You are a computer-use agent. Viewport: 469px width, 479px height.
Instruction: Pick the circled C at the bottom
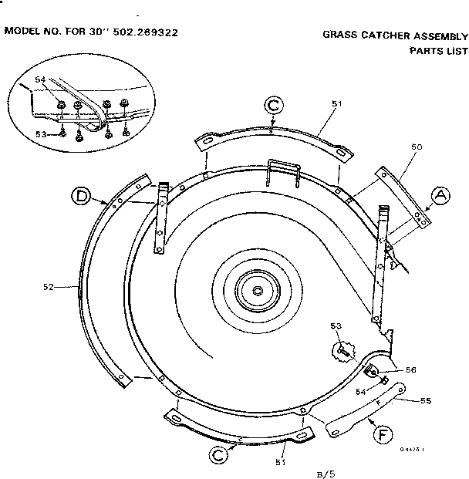pos(220,455)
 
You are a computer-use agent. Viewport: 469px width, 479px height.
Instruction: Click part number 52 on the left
pos(48,286)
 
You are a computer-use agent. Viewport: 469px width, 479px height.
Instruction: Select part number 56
pos(411,369)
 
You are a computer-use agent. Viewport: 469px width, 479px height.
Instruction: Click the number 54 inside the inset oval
pos(41,79)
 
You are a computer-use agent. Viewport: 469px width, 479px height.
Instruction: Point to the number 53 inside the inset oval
pos(41,133)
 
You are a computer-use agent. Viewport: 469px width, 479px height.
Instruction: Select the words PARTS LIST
pos(438,51)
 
